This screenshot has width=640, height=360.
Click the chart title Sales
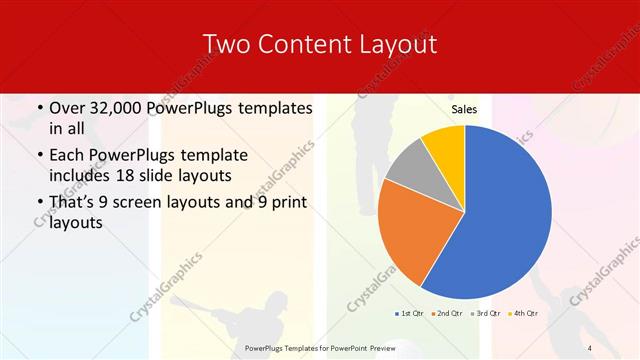click(464, 109)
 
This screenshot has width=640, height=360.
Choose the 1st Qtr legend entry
click(407, 313)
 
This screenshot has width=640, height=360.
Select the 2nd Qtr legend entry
click(446, 313)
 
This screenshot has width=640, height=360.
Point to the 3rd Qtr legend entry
click(485, 313)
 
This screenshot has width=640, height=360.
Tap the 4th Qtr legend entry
click(524, 313)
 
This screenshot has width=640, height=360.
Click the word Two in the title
click(226, 44)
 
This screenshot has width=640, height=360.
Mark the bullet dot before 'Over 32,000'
click(39, 108)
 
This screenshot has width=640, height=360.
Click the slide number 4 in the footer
click(589, 347)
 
